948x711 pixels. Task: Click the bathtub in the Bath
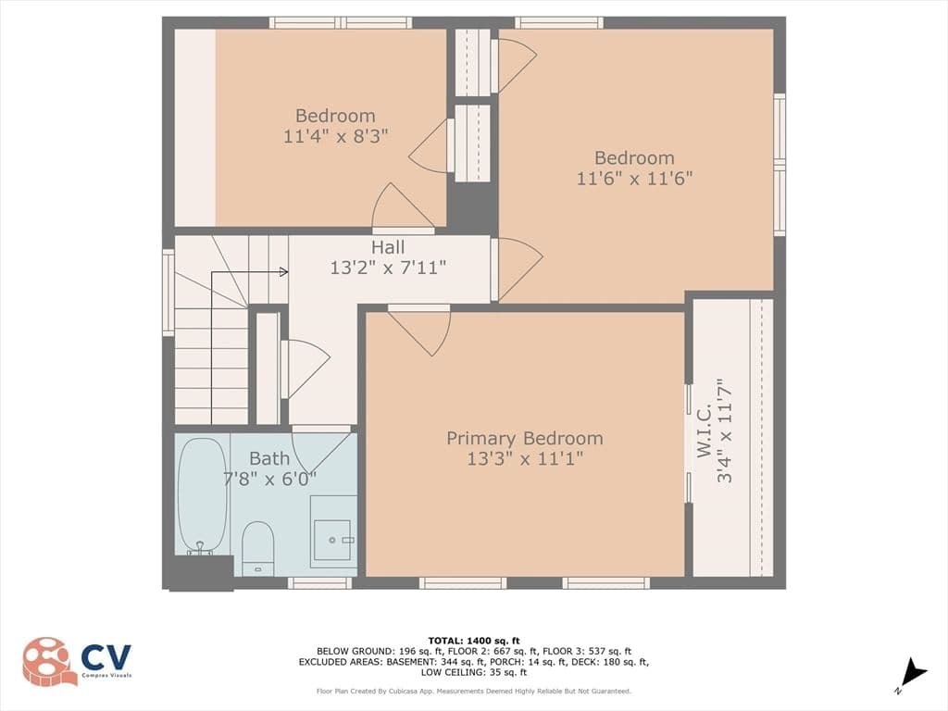click(x=203, y=495)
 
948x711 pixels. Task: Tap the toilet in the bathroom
click(x=258, y=549)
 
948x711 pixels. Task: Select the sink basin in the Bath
click(x=332, y=540)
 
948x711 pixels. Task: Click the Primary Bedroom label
click(x=525, y=438)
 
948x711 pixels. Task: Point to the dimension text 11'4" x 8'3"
click(x=335, y=135)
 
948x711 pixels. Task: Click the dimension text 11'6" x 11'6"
click(x=634, y=179)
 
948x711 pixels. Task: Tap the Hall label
click(x=388, y=246)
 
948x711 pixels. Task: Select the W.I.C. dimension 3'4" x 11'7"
click(x=724, y=430)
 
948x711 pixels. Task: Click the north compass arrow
click(x=913, y=673)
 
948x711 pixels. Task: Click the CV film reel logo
click(x=50, y=661)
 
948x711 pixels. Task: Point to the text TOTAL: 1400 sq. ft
click(x=473, y=641)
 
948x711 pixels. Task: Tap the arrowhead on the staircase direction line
click(x=283, y=272)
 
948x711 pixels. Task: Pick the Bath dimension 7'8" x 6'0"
click(x=269, y=479)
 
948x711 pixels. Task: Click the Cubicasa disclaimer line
click(x=473, y=691)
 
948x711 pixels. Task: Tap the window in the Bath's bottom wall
click(x=319, y=583)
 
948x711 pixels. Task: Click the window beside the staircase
click(x=168, y=293)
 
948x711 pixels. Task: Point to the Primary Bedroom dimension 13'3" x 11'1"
click(x=525, y=459)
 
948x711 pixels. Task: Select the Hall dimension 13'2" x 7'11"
click(x=388, y=268)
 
